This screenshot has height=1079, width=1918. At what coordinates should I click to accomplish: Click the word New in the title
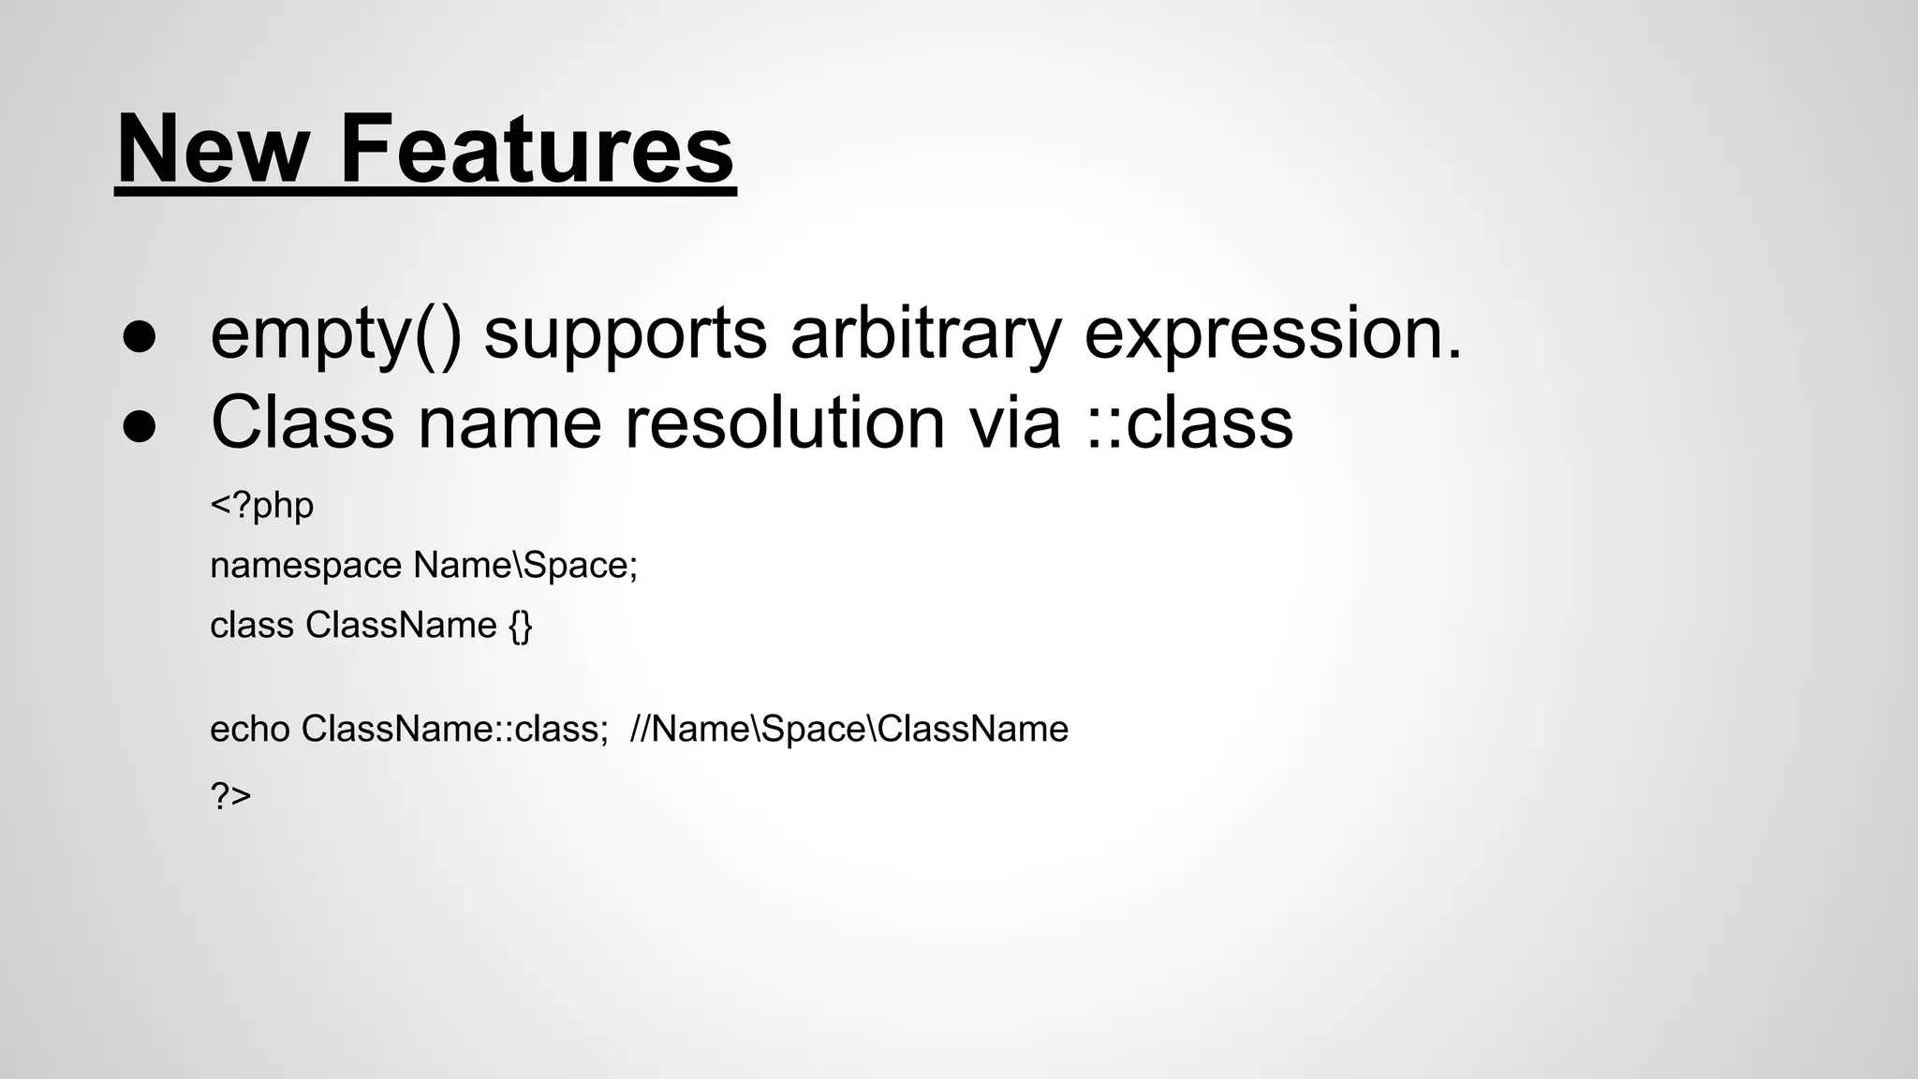(x=213, y=150)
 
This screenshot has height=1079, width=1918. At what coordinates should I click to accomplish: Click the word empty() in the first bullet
(x=335, y=335)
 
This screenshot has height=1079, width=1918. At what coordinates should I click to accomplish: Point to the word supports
(x=625, y=335)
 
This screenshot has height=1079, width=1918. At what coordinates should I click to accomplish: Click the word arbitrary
(x=925, y=335)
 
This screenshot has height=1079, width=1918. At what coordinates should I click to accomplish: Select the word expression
(x=1272, y=335)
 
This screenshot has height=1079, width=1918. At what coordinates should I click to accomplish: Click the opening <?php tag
(x=261, y=506)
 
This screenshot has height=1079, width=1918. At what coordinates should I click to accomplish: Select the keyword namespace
(x=305, y=567)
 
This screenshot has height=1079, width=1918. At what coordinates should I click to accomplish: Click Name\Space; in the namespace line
(x=525, y=566)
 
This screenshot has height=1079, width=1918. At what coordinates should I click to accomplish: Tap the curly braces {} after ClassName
(x=521, y=626)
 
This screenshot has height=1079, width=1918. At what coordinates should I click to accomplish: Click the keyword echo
(x=249, y=729)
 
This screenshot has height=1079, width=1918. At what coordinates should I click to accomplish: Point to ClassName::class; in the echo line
(x=455, y=729)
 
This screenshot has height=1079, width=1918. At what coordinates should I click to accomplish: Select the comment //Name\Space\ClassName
(x=849, y=729)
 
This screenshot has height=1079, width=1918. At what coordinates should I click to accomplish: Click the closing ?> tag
(x=230, y=796)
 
